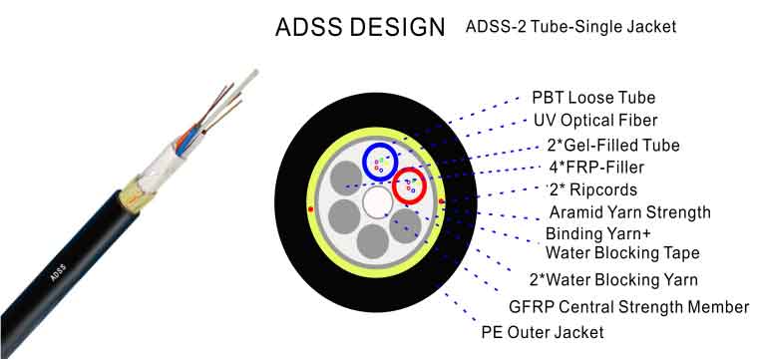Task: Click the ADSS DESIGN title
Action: click(359, 28)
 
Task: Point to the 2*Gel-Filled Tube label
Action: click(613, 145)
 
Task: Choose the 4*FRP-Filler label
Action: click(595, 167)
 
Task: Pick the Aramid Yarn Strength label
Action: click(630, 211)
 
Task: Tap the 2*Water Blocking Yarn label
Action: click(613, 279)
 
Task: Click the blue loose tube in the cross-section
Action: click(379, 162)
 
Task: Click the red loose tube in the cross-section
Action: click(410, 184)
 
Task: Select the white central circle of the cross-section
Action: click(377, 203)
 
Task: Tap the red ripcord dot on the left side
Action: click(311, 208)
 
